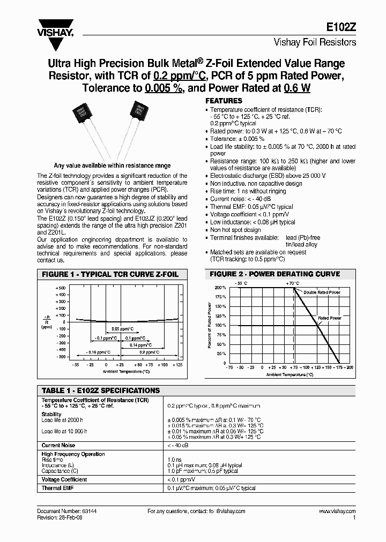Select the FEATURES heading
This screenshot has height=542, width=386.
coord(224,101)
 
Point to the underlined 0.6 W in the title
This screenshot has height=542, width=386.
coord(298,88)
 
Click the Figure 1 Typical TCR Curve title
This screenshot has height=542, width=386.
coord(110,274)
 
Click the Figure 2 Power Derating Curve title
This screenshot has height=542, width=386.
coord(274,274)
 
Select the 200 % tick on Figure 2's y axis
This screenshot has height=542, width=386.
coord(220,288)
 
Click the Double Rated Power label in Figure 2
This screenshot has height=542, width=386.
coord(322,292)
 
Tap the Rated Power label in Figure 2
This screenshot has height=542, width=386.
coord(329,318)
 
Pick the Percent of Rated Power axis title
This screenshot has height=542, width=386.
coord(210,325)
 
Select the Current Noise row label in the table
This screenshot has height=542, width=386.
coord(58,445)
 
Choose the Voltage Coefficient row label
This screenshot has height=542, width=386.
coord(64,480)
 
